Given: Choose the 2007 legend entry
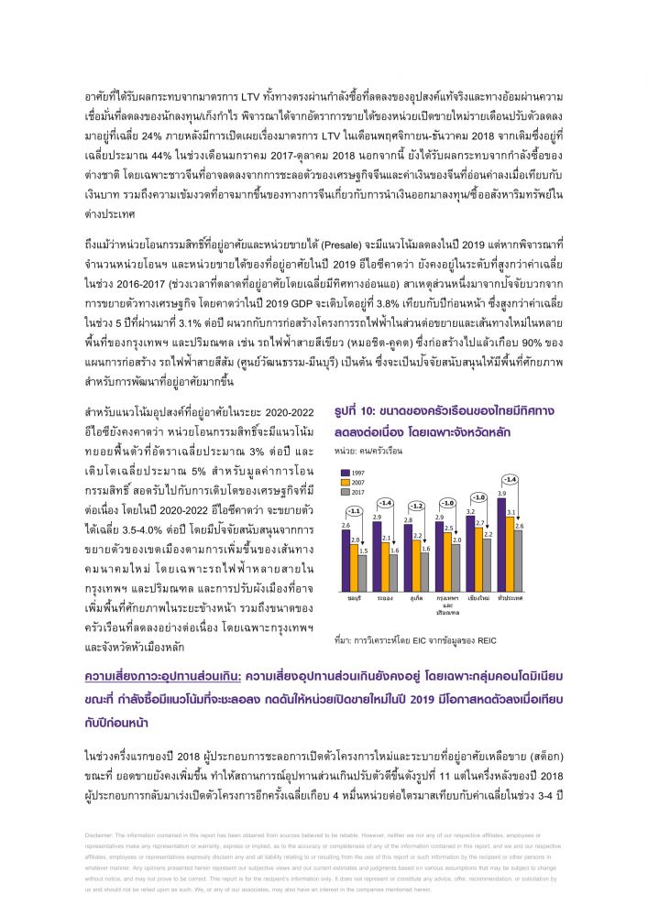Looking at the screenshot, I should point(350,480).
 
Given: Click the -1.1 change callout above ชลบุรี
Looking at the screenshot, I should point(354,511).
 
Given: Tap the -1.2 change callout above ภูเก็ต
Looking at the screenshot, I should point(416,506).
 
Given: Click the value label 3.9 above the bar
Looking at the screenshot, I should point(500,493).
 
